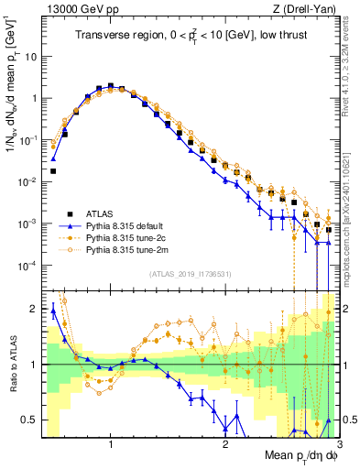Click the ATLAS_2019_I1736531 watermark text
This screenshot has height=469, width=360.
coord(190,274)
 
